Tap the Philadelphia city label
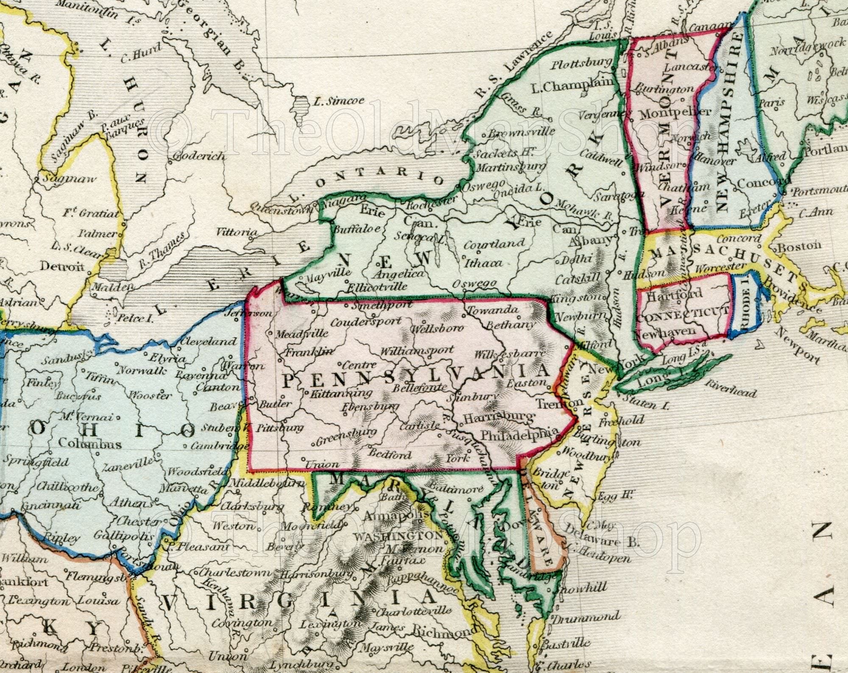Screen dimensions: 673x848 click(x=519, y=434)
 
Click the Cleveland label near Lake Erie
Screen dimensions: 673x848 click(x=209, y=341)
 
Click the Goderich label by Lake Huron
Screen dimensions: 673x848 click(x=200, y=156)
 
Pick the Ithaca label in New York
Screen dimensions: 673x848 click(x=483, y=263)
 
